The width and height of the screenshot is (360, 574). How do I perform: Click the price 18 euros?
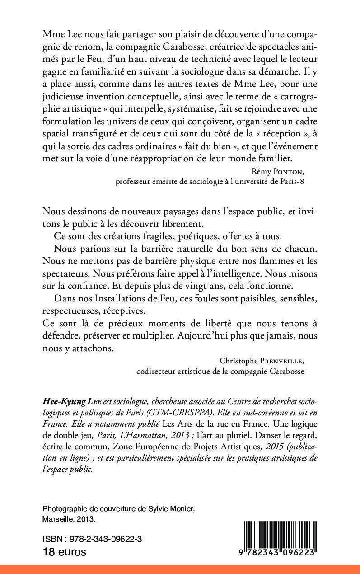coord(64,552)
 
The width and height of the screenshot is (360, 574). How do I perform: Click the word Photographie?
coord(64,496)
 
